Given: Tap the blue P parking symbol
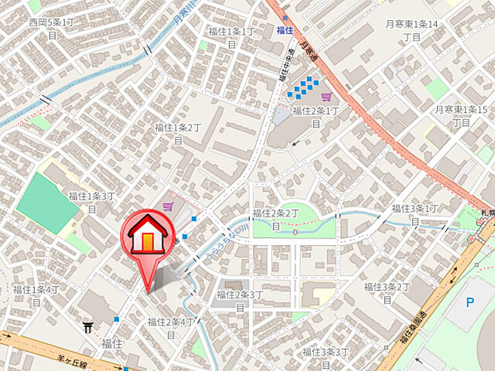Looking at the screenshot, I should (469, 302).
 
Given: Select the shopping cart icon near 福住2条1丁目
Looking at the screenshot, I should (326, 97).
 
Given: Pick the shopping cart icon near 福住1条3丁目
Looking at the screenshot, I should (168, 206).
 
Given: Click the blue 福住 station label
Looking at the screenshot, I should (285, 30).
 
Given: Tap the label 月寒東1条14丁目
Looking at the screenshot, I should (412, 30).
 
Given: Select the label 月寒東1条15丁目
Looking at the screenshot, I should (461, 116).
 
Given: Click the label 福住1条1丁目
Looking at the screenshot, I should (231, 37).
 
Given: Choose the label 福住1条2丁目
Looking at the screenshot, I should (178, 133).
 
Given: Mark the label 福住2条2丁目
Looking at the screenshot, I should (276, 219).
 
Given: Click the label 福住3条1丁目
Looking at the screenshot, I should (415, 214).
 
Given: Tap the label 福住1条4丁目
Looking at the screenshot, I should (36, 295).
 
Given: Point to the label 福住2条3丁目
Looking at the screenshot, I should (240, 300).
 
